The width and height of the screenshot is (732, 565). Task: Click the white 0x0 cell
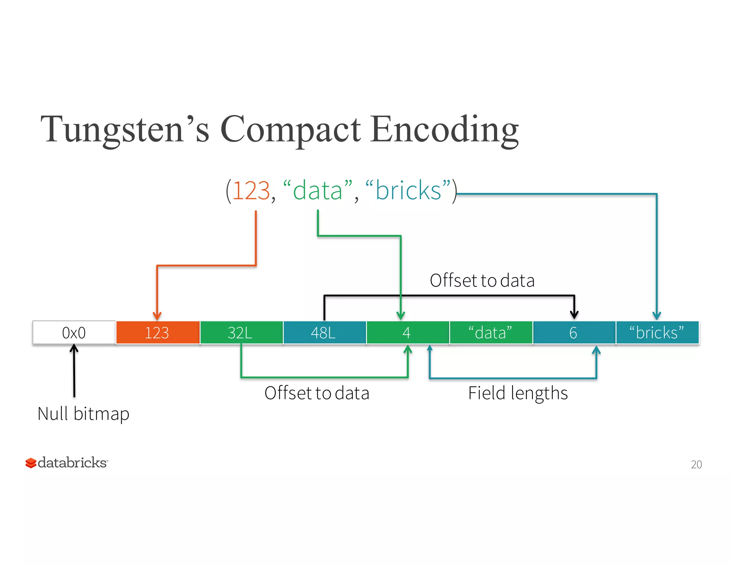click(74, 332)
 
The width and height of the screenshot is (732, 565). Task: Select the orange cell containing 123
click(158, 332)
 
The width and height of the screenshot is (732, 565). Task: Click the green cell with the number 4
click(407, 332)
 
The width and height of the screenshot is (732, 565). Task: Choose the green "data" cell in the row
click(491, 332)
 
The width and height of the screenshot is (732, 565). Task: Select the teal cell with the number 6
click(574, 332)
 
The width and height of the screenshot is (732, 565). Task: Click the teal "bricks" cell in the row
click(657, 332)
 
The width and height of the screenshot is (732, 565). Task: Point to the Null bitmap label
click(83, 414)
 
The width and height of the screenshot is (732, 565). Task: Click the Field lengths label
click(518, 393)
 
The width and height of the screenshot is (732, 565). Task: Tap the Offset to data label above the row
click(482, 280)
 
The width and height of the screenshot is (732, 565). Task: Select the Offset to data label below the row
click(317, 393)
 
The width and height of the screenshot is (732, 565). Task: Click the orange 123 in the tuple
click(251, 191)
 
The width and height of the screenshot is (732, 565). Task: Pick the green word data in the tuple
click(318, 191)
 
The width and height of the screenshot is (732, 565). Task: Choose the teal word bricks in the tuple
click(408, 191)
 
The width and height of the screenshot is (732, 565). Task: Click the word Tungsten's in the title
click(125, 129)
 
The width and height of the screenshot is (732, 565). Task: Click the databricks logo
click(66, 462)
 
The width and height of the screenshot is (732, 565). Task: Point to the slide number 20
click(696, 464)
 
